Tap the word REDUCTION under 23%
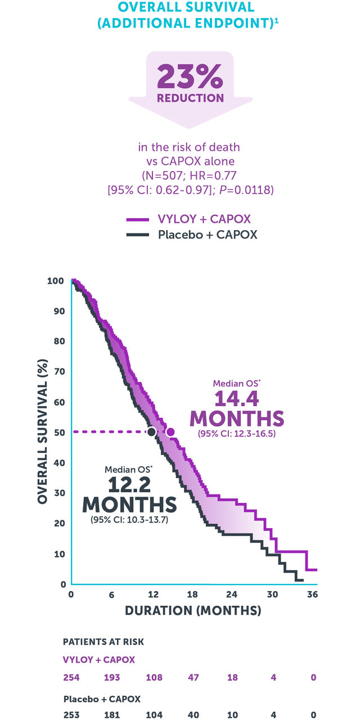[x=190, y=98]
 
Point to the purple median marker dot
[x=170, y=431]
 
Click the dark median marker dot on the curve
[x=151, y=431]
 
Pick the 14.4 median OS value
[x=236, y=399]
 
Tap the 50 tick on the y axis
[x=58, y=432]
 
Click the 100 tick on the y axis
[x=57, y=281]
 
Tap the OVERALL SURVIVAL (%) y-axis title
[x=42, y=432]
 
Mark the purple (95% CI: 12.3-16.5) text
[x=236, y=434]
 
